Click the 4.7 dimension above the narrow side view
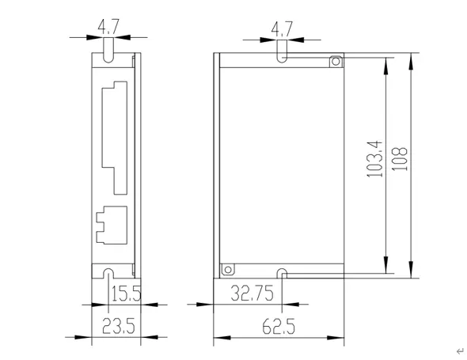click(x=108, y=28)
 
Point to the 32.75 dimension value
click(x=252, y=294)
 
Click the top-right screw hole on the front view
click(x=336, y=61)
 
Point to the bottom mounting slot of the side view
click(x=108, y=275)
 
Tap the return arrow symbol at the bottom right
click(x=458, y=349)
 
